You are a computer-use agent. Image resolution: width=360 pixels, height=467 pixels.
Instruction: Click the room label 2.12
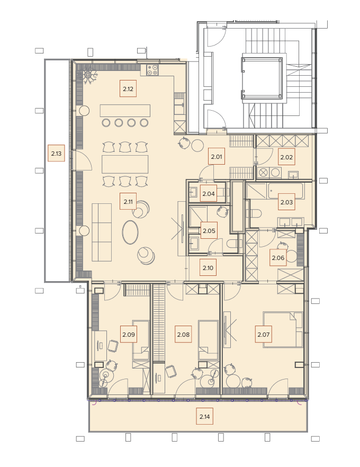click(x=128, y=88)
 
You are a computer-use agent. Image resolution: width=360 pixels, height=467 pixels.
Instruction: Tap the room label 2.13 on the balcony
click(x=56, y=154)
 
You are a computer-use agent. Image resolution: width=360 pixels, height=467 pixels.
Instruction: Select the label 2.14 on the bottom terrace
click(x=204, y=416)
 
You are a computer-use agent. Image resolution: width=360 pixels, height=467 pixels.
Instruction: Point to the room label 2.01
click(x=217, y=156)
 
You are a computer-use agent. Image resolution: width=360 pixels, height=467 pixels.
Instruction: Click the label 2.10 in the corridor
click(x=208, y=267)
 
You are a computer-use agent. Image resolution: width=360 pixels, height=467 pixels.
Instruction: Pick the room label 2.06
click(x=278, y=258)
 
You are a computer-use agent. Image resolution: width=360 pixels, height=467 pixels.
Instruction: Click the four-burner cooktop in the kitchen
click(x=152, y=70)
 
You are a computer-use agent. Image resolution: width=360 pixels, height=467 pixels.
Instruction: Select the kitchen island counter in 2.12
click(x=125, y=111)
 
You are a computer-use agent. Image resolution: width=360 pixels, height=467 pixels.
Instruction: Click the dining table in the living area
click(x=125, y=164)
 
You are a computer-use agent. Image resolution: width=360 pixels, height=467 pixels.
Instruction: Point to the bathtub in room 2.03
click(x=285, y=191)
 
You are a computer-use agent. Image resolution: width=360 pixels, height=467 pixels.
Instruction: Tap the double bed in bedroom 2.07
click(x=283, y=329)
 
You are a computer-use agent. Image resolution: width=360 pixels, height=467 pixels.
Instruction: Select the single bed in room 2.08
click(x=209, y=340)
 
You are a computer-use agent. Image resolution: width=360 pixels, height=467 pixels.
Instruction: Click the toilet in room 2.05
click(x=233, y=244)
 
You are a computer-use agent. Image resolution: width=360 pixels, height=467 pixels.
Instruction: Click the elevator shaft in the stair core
click(x=262, y=78)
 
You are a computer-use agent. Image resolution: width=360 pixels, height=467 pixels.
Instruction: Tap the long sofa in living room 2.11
click(x=102, y=232)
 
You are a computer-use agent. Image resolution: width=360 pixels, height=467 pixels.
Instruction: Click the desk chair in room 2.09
click(x=113, y=346)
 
